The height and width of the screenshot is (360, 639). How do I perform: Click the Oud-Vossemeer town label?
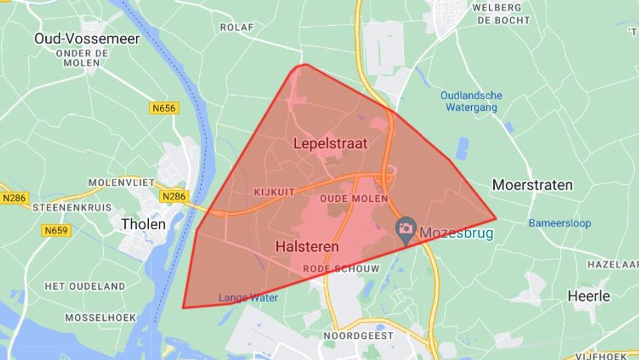click(x=87, y=38)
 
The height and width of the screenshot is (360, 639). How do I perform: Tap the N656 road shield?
click(x=164, y=107)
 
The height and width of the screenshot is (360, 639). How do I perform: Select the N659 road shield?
click(x=56, y=230)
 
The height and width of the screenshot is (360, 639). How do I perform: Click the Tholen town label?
click(x=143, y=224)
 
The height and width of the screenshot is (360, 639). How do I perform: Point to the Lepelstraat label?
click(x=330, y=144)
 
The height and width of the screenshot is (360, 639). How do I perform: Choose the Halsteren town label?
click(x=307, y=246)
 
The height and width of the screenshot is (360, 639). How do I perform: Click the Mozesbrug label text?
click(x=456, y=233)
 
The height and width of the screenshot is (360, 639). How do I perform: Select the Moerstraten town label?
click(x=532, y=185)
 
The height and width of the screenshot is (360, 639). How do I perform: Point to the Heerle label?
click(x=589, y=296)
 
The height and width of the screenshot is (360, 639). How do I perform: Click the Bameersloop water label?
click(x=560, y=223)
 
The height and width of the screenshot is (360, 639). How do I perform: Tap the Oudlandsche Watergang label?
click(x=471, y=101)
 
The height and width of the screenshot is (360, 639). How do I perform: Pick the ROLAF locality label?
click(x=237, y=27)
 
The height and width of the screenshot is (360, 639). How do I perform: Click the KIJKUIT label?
click(x=274, y=192)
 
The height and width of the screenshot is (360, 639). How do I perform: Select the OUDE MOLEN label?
click(x=354, y=198)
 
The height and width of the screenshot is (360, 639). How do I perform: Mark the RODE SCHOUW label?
click(x=341, y=269)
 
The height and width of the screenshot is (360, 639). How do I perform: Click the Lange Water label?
click(x=248, y=298)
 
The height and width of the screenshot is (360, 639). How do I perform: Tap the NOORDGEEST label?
click(x=358, y=335)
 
